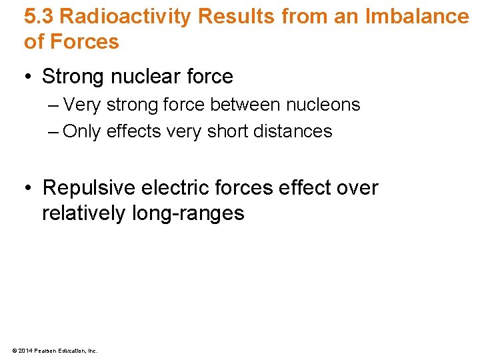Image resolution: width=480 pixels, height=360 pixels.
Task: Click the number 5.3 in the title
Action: coord(38,15)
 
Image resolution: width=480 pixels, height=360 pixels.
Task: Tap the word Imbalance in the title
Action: coord(417,15)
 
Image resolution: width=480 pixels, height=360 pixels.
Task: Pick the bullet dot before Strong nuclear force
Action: coord(29,77)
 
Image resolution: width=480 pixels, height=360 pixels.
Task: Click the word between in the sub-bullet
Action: coord(245,105)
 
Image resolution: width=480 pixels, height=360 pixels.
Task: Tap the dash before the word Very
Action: coord(54,105)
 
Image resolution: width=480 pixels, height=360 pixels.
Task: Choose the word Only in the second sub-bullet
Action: coord(81,131)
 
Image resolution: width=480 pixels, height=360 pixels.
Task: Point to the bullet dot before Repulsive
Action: coord(29,189)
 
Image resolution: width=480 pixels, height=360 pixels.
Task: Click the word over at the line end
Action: coord(356,188)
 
